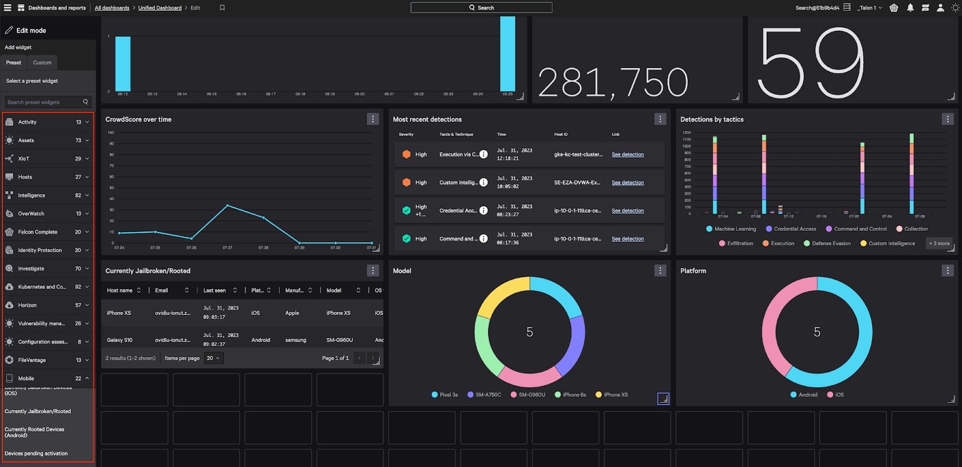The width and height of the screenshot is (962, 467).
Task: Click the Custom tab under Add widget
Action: coord(42,63)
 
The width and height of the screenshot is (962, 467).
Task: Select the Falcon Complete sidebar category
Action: coord(38,232)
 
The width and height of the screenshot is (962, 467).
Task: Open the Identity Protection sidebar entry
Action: coord(40,250)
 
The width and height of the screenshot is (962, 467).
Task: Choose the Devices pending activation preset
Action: coord(36,454)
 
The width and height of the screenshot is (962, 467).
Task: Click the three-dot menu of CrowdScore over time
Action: coord(373,119)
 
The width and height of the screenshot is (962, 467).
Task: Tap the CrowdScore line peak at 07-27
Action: coord(227,206)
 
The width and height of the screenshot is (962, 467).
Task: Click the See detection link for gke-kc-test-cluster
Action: coord(628,154)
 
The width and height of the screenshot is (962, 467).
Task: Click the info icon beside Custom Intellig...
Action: coord(483,183)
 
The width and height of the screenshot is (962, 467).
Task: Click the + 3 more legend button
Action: coord(939,243)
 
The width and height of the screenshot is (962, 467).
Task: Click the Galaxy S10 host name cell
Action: coord(120,340)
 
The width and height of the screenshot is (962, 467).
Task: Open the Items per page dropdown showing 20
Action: coord(213,358)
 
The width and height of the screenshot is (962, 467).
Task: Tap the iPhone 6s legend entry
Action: coord(574,395)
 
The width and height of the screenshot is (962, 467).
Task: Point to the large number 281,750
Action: coord(613,82)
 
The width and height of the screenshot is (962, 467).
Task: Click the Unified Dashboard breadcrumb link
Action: coord(159,8)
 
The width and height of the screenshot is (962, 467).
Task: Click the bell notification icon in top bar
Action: coord(910,8)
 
